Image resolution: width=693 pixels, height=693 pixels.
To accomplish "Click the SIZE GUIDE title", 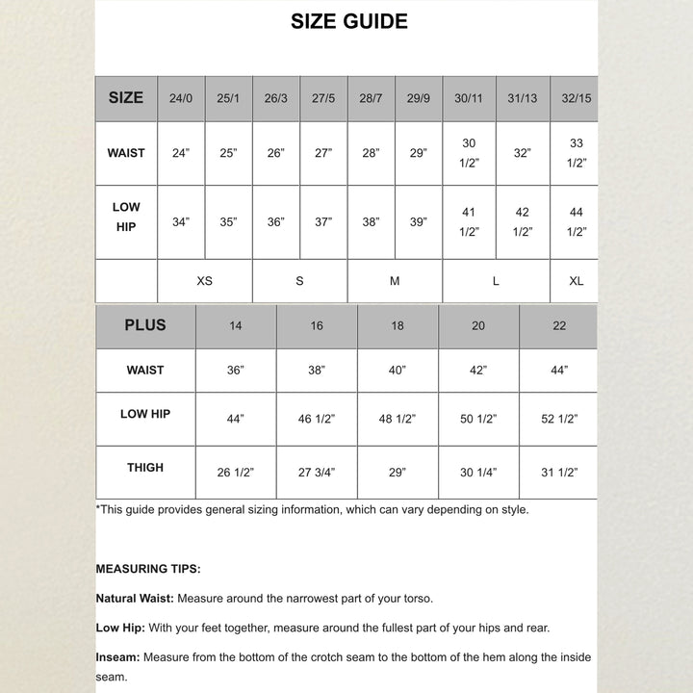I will [348, 21].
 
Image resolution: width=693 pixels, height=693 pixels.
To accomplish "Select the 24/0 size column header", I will [181, 98].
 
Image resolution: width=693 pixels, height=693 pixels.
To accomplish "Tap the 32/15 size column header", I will [576, 98].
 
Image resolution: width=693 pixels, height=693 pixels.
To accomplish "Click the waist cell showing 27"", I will [323, 153].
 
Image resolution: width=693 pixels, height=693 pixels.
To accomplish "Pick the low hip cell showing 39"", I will [418, 222].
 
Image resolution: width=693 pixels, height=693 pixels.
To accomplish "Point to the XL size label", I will [576, 281].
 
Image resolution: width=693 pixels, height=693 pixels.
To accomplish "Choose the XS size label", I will [204, 281].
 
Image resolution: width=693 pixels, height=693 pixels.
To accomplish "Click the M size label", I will [395, 281].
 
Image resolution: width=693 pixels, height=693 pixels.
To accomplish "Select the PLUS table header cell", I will [145, 325].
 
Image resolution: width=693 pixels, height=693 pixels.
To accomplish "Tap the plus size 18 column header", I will [398, 326].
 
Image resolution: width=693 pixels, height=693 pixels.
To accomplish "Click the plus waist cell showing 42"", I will [478, 371].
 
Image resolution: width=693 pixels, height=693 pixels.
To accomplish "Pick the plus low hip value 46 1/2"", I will [317, 420].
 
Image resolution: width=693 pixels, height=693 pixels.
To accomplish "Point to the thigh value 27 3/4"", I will [317, 473].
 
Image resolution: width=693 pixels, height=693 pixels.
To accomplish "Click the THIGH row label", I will [145, 468].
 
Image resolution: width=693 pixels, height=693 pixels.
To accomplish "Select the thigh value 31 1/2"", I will [559, 473].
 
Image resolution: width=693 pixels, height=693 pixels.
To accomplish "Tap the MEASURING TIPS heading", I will [148, 570].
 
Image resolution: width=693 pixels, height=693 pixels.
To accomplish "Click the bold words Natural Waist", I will [135, 599].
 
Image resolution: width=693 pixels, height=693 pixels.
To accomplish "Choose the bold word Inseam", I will [116, 657].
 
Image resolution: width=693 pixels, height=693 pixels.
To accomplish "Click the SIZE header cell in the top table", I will [126, 97].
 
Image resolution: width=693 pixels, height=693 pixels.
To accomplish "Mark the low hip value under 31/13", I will [522, 222].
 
